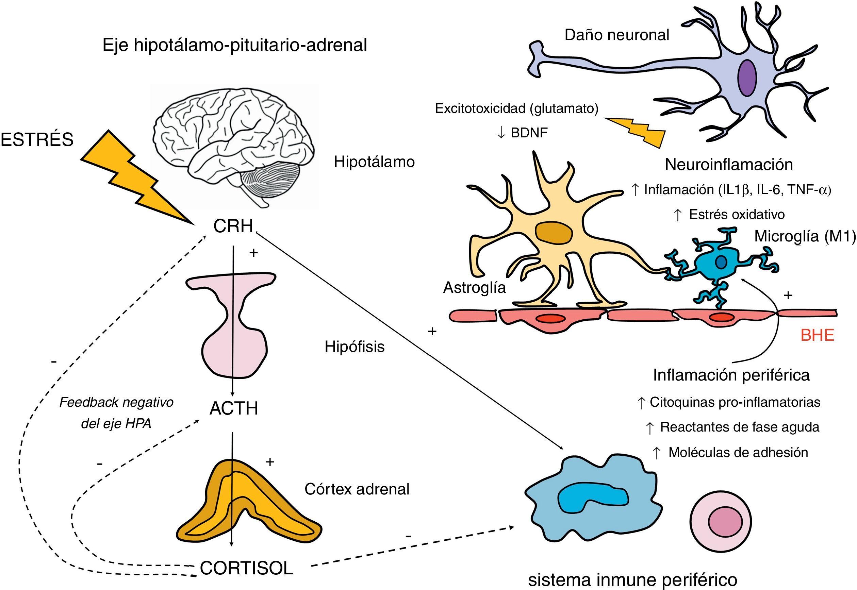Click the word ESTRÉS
(37, 140)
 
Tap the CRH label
(233, 226)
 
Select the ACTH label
(234, 409)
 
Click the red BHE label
(818, 335)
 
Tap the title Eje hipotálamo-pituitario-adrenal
(234, 45)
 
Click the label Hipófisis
(355, 347)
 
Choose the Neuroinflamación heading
(729, 165)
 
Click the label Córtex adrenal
(357, 489)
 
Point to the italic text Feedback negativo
(116, 402)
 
